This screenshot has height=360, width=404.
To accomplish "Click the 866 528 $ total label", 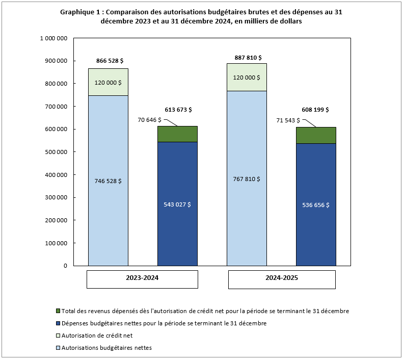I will point(107,61).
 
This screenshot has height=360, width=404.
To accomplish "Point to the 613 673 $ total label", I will point(178,110).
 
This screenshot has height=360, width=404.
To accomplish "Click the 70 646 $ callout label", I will point(149,120).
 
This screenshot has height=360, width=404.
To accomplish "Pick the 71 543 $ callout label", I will point(287,120).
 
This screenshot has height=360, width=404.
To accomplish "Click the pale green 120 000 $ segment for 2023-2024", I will point(108,82).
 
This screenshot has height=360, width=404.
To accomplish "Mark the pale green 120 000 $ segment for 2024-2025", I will point(247,78).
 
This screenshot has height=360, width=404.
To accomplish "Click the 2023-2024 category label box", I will point(142,279).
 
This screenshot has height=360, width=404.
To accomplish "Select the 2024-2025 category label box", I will point(281,279).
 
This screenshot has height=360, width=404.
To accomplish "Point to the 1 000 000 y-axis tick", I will point(53,38).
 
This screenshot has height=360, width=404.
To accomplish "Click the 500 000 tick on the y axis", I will point(56,152).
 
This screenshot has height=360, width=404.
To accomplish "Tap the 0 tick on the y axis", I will point(66,266).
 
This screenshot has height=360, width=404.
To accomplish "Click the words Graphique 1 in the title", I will point(80,12).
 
